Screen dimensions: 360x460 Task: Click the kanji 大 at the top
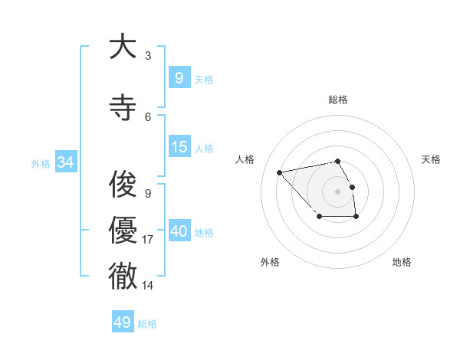click(123, 47)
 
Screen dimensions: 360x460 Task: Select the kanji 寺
click(123, 107)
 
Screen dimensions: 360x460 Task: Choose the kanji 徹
click(123, 276)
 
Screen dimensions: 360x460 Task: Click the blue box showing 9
click(179, 77)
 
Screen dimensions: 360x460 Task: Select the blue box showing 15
click(179, 147)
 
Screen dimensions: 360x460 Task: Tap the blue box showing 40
click(179, 231)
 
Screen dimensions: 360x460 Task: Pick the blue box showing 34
click(65, 162)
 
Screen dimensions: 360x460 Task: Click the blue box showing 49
click(123, 322)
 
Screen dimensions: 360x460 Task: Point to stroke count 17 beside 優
click(148, 240)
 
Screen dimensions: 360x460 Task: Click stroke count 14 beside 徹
click(148, 286)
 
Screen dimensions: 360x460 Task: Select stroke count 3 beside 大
click(148, 56)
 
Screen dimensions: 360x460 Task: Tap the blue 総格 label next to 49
click(147, 324)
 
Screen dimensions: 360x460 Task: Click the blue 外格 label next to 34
click(40, 163)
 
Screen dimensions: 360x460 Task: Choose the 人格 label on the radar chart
click(245, 159)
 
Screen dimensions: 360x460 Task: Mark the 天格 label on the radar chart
click(431, 159)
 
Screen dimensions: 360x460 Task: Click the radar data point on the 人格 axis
click(279, 172)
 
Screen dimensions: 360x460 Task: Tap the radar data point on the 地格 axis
click(356, 218)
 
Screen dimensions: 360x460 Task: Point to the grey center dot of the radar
click(337, 191)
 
